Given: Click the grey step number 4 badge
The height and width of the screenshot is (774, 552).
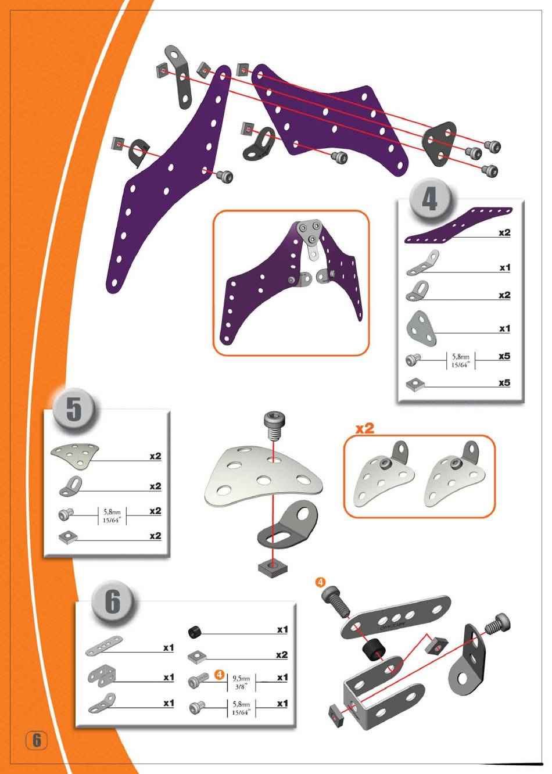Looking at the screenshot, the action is click(430, 199).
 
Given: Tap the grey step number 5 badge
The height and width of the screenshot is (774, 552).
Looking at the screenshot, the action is click(73, 410).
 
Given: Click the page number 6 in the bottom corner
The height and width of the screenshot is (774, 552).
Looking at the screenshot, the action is click(37, 740).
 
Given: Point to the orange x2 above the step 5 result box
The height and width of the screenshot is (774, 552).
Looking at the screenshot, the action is click(365, 428).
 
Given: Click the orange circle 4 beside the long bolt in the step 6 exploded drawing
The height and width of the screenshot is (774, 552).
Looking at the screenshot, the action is click(320, 582).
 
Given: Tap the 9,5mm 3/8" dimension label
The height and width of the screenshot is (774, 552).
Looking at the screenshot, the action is click(241, 682).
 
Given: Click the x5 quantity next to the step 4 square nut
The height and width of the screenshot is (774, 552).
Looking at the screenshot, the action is click(504, 383).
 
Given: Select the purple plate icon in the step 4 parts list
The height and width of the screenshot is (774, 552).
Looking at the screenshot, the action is click(458, 225).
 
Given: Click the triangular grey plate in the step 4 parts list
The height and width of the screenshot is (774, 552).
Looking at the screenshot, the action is click(421, 328).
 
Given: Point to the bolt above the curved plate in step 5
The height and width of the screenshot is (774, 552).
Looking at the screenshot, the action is click(273, 426).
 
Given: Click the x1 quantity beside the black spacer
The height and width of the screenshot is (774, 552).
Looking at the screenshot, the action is click(282, 629).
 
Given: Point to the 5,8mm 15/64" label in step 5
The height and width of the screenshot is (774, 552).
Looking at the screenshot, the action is click(112, 516).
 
